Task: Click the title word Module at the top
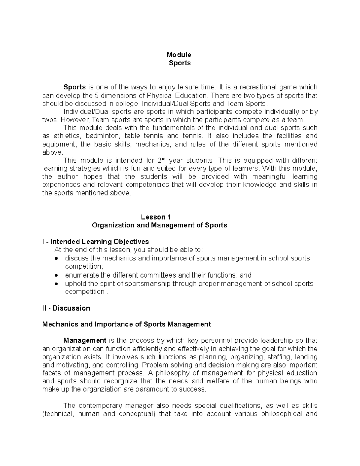pos(179,55)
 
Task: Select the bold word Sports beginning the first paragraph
pos(74,87)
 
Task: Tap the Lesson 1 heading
pos(156,217)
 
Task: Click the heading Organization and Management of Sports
pos(159,225)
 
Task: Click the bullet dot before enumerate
pos(57,275)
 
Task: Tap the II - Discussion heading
pos(66,308)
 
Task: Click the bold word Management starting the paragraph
pos(85,341)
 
